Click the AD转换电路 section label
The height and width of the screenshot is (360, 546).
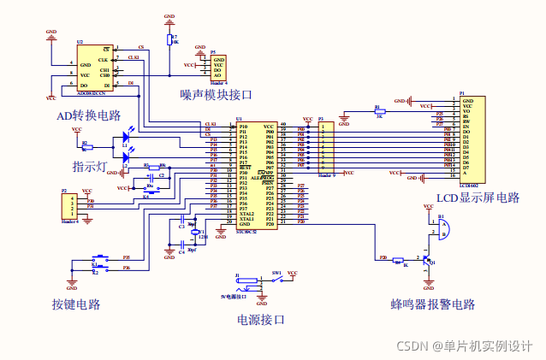[x=87, y=115]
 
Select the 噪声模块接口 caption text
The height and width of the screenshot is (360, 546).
[x=217, y=94]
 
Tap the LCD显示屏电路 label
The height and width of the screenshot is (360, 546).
[x=478, y=198]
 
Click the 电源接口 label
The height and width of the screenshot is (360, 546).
[x=260, y=320]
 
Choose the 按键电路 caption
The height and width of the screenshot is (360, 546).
[x=75, y=304]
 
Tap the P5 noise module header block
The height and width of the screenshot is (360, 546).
[x=218, y=68]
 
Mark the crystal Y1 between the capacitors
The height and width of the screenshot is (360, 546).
[x=194, y=232]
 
